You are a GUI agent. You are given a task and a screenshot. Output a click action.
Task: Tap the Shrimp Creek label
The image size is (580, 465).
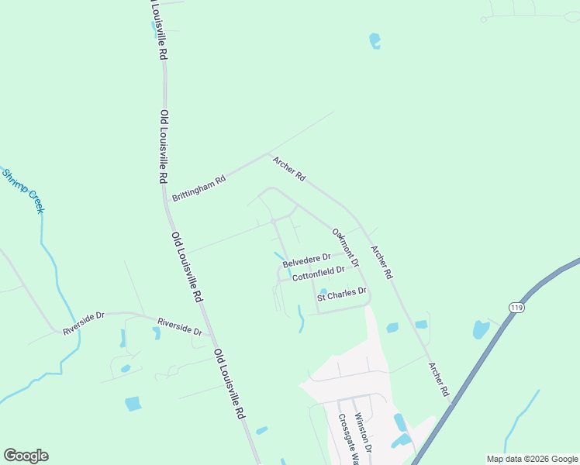[23, 191]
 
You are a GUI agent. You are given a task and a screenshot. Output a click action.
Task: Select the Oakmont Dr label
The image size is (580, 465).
[345, 247]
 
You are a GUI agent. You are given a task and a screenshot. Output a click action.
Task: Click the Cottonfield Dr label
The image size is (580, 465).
[313, 274]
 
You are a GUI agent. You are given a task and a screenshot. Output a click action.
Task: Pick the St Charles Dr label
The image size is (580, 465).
[340, 295]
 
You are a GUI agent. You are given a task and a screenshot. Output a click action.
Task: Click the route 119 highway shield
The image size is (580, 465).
[516, 308]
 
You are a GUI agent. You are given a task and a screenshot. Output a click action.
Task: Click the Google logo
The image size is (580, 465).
[26, 456]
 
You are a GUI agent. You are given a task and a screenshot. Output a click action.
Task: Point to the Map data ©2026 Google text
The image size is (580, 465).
[532, 459]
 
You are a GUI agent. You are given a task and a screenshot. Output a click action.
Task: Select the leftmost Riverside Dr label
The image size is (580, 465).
[84, 324]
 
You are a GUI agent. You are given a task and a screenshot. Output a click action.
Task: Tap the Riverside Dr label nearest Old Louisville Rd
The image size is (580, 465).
[179, 326]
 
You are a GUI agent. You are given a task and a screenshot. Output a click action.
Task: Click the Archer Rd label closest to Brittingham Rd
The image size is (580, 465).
[288, 168]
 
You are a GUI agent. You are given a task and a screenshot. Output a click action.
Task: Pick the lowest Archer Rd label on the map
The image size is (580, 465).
[439, 380]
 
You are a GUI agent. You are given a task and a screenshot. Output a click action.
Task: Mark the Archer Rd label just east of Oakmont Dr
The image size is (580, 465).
[381, 263]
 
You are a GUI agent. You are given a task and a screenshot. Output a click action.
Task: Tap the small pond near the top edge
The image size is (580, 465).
[375, 40]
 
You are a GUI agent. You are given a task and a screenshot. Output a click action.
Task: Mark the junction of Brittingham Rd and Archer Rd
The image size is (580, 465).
[268, 154]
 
